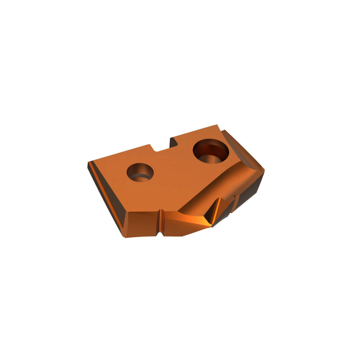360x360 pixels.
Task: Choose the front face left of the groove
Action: (x=141, y=220)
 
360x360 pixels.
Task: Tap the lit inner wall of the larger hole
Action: (x=214, y=154)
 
